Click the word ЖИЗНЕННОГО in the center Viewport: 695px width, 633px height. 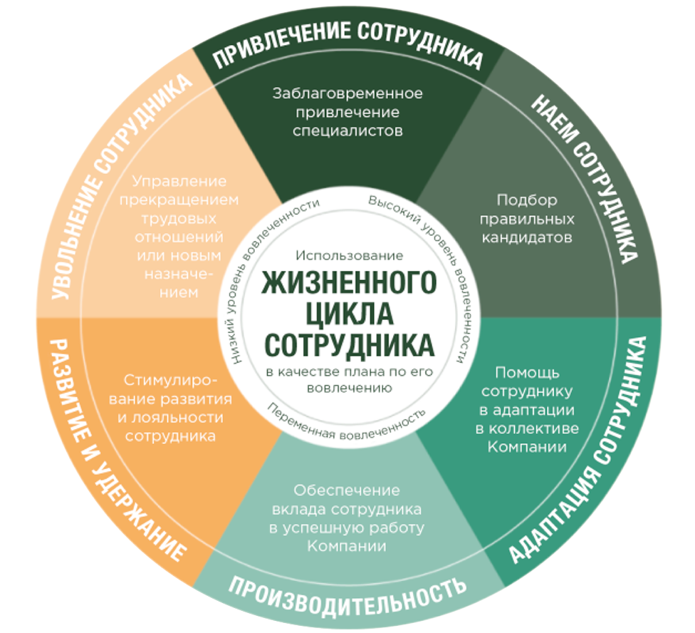click(x=349, y=282)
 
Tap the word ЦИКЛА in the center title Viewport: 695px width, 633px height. click(x=349, y=314)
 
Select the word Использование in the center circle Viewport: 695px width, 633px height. click(x=349, y=255)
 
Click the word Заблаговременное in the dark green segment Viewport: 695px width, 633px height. click(x=347, y=93)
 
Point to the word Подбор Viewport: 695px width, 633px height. click(x=527, y=200)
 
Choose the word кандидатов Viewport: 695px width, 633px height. click(x=527, y=237)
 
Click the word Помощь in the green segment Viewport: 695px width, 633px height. click(x=527, y=373)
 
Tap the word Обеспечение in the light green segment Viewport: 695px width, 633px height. click(x=347, y=490)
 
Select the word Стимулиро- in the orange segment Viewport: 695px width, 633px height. click(x=171, y=381)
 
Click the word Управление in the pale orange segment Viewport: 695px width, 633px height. click(x=179, y=181)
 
